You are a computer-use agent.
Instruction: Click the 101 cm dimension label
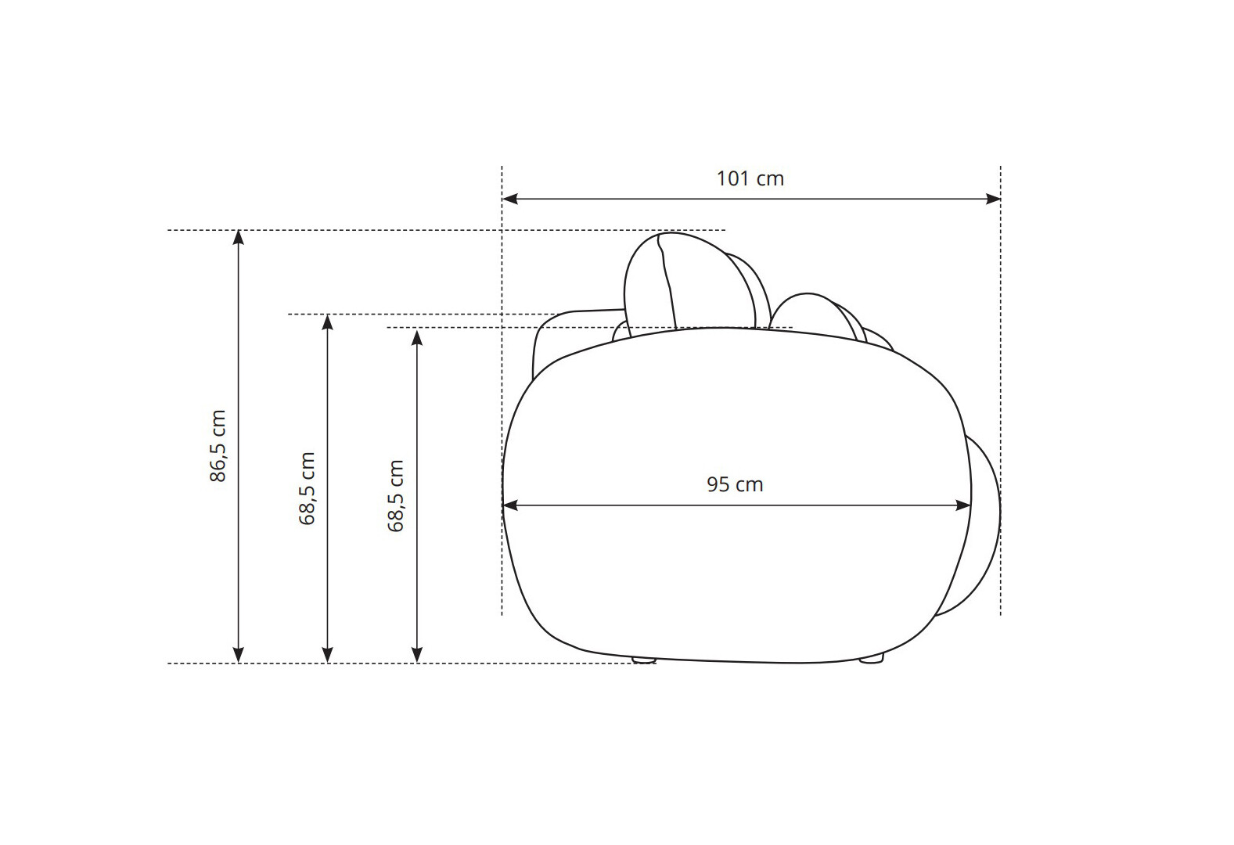(750, 179)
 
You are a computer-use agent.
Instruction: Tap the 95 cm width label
(735, 485)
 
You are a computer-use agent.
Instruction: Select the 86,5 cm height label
(218, 446)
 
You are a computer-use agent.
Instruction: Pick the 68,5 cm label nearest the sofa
(396, 496)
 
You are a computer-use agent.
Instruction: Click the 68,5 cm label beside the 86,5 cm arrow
(307, 488)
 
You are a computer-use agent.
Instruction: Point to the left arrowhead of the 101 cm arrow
(509, 199)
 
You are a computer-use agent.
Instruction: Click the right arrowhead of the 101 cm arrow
(993, 199)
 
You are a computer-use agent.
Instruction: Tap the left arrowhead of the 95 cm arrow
(510, 505)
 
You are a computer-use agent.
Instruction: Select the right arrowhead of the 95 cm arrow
(963, 505)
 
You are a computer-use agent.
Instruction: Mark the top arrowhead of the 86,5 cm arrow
(238, 237)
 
